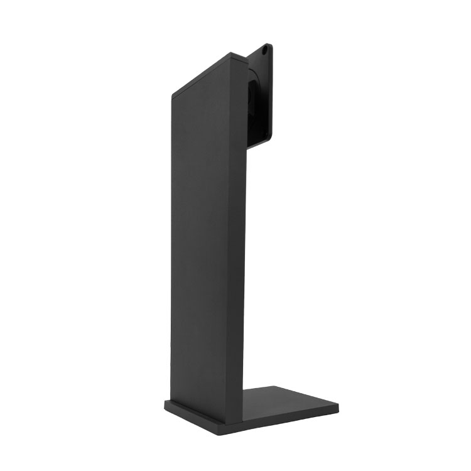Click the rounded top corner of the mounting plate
point(268,44)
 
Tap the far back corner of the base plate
point(271,386)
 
